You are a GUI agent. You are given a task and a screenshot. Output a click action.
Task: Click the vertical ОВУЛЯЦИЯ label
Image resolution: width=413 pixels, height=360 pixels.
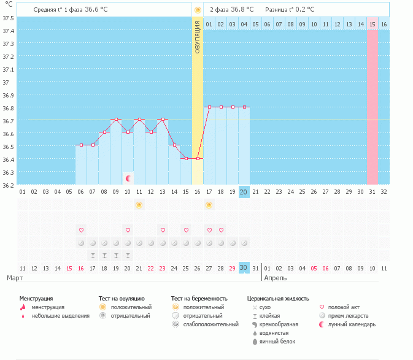pyautogui.click(x=197, y=37)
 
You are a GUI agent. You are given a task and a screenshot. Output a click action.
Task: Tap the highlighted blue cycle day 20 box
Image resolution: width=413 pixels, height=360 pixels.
pyautogui.click(x=244, y=192)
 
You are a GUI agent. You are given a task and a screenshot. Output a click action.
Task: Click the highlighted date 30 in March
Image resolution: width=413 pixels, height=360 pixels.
pyautogui.click(x=244, y=268)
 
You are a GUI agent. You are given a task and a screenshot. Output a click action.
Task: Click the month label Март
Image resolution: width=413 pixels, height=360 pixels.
pyautogui.click(x=15, y=278)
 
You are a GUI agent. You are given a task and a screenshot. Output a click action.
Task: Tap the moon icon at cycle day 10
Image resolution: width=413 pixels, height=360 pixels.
pyautogui.click(x=128, y=178)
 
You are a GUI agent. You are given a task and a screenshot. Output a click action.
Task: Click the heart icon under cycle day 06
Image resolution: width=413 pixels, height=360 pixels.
pyautogui.click(x=81, y=230)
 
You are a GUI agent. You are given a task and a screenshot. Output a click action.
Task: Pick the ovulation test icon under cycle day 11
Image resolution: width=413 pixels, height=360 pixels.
pyautogui.click(x=139, y=204)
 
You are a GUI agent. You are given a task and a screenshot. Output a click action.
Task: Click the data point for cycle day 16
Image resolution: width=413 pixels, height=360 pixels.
pyautogui.click(x=198, y=158)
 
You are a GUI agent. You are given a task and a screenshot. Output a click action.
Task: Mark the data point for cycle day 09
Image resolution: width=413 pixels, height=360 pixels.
pyautogui.click(x=116, y=120)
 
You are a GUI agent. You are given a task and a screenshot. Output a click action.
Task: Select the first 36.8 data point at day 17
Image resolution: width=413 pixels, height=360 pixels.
pyautogui.click(x=209, y=107)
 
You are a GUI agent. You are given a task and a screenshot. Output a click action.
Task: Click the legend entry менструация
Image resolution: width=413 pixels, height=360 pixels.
pyautogui.click(x=47, y=307)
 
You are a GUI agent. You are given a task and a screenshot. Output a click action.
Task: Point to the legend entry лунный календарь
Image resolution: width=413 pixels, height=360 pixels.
pyautogui.click(x=352, y=324)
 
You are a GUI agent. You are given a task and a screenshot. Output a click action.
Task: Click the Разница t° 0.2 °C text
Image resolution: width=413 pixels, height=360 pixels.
pyautogui.click(x=290, y=10)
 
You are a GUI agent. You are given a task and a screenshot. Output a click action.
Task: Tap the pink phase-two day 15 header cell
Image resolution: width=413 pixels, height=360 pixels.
pyautogui.click(x=372, y=24)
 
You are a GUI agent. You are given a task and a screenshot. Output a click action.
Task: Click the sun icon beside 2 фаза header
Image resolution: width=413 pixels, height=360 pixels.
pyautogui.click(x=198, y=10)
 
